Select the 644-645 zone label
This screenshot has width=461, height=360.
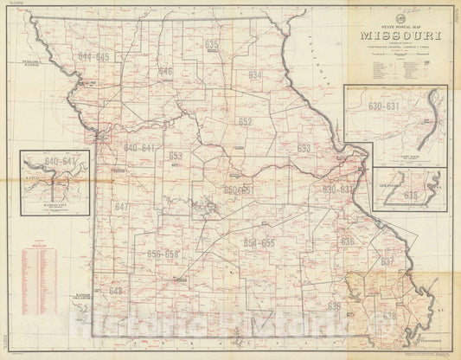pos(94,56)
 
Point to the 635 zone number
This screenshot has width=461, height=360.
pos(212,43)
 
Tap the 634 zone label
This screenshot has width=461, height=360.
pos(254,76)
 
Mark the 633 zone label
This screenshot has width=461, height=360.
pos(304,149)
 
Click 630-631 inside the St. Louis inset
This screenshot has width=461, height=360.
pos(385,107)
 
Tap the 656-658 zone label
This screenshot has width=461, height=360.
pos(163,254)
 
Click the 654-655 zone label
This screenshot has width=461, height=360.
pos(259,243)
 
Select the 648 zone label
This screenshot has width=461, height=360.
pos(115,291)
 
